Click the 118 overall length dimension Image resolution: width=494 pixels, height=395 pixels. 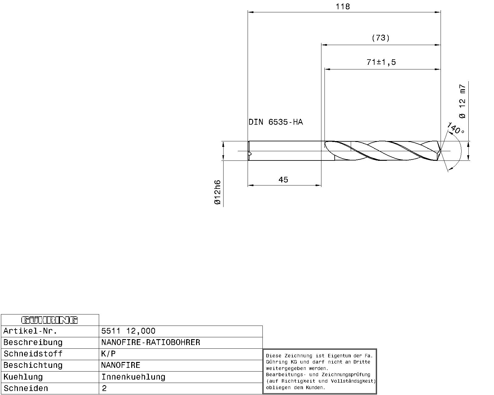click(x=343, y=7)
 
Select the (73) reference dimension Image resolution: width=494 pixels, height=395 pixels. click(x=380, y=38)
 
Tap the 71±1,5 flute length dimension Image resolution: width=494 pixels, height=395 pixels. click(x=381, y=62)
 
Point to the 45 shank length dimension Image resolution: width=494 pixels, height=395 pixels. click(x=283, y=180)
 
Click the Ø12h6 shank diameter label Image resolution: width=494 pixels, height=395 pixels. click(x=218, y=192)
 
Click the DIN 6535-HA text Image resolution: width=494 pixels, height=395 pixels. click(x=276, y=122)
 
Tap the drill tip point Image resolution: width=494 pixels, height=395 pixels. click(x=440, y=151)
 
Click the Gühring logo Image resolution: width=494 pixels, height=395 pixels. click(x=49, y=320)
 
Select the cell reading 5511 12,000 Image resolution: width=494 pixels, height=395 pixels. click(x=128, y=331)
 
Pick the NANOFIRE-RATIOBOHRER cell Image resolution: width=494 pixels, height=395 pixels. click(x=151, y=342)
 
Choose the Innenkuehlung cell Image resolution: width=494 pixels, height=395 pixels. click(x=133, y=377)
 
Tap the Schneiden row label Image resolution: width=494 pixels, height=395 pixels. click(x=26, y=388)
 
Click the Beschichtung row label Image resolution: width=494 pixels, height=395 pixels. click(x=33, y=365)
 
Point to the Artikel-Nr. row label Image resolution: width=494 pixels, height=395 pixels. click(x=30, y=331)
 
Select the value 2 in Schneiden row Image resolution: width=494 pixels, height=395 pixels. click(x=104, y=388)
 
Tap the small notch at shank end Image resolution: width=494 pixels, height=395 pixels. click(x=250, y=154)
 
